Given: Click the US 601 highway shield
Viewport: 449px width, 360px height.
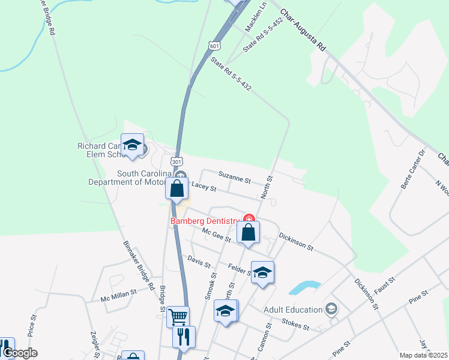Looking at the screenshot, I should click(215, 46).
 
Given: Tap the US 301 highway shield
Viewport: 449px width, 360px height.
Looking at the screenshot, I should click(176, 162).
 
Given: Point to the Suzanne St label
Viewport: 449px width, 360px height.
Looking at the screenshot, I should click(234, 178).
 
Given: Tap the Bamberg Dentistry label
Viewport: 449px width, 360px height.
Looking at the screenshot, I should click(205, 221).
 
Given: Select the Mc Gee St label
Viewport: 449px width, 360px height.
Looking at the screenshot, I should click(217, 235).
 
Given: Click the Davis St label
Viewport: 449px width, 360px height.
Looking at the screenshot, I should click(199, 262).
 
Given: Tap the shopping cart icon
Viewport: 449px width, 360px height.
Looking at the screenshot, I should click(178, 316).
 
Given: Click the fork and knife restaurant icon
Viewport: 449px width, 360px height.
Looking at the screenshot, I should click(184, 336).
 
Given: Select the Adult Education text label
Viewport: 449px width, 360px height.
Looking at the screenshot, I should click(292, 310).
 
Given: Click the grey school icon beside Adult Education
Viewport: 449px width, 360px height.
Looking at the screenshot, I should click(330, 309).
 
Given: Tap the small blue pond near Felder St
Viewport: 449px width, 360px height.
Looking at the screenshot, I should click(304, 287).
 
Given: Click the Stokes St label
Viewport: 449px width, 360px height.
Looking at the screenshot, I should click(295, 325).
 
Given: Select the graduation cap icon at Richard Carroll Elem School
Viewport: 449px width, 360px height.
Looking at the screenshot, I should click(132, 145).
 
